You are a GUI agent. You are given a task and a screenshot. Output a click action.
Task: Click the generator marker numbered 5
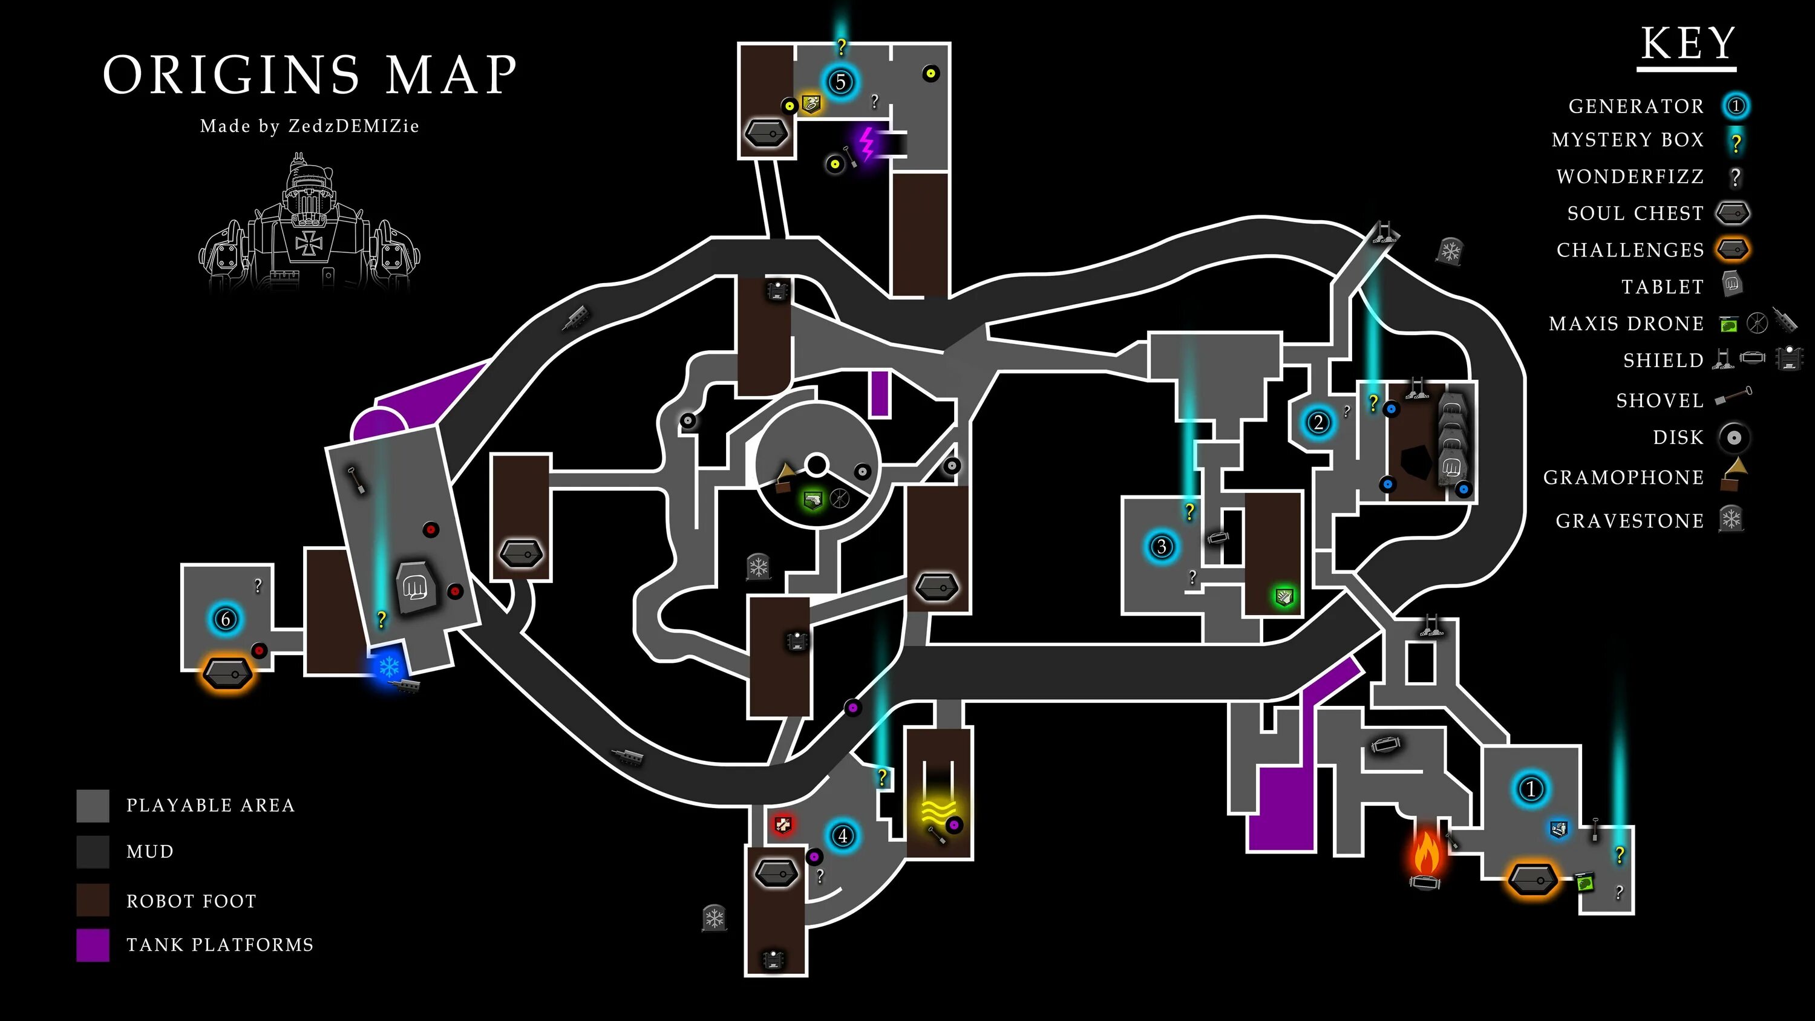click(840, 82)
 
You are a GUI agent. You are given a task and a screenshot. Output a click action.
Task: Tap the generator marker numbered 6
click(226, 619)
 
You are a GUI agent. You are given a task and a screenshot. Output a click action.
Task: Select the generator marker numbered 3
click(1162, 546)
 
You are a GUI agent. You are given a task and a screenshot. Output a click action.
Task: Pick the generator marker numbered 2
click(1318, 423)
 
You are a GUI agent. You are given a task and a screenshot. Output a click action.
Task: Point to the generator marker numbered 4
click(842, 836)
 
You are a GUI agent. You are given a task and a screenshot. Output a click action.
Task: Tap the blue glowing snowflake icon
click(388, 665)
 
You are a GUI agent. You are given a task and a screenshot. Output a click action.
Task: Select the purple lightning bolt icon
click(868, 144)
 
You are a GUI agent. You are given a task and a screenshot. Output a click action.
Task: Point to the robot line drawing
click(309, 226)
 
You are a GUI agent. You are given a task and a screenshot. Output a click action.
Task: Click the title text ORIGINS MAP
click(310, 74)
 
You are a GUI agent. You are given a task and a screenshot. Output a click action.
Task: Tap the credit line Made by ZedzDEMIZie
click(309, 126)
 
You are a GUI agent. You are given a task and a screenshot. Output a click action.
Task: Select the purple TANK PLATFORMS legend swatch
click(93, 945)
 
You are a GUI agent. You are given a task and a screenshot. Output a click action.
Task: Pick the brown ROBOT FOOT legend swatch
click(93, 900)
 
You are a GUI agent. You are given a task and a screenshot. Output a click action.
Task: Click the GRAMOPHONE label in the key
click(1623, 478)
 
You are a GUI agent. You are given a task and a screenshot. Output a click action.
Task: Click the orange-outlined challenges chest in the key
click(1733, 249)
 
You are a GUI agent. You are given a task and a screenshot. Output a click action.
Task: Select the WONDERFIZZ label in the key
click(1630, 176)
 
